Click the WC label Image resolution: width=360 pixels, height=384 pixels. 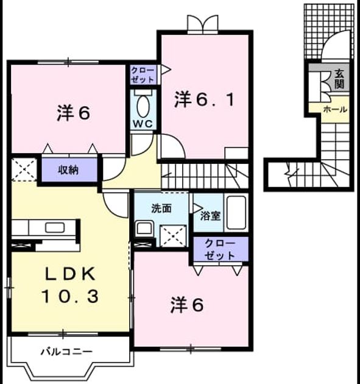pyautogui.click(x=143, y=124)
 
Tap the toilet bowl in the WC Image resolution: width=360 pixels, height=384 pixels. pyautogui.click(x=143, y=106)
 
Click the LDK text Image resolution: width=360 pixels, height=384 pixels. pyautogui.click(x=71, y=274)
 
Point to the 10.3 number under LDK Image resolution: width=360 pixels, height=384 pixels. pyautogui.click(x=71, y=296)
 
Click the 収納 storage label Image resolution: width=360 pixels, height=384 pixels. pyautogui.click(x=68, y=170)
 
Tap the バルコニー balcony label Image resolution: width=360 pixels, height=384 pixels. pyautogui.click(x=66, y=352)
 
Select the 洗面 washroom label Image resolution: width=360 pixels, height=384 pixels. pyautogui.click(x=161, y=208)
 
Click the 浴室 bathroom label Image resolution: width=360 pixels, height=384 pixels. pyautogui.click(x=211, y=216)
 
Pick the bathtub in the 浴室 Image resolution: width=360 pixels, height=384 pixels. pyautogui.click(x=236, y=212)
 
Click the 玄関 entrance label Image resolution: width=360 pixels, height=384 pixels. pyautogui.click(x=339, y=79)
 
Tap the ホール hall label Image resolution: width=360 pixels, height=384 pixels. pyautogui.click(x=335, y=109)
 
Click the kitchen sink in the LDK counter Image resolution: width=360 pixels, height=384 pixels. pyautogui.click(x=55, y=228)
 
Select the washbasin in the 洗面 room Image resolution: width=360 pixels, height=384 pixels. pyautogui.click(x=145, y=229)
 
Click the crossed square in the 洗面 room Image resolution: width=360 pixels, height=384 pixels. pyautogui.click(x=173, y=236)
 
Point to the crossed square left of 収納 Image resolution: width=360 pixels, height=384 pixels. pyautogui.click(x=24, y=170)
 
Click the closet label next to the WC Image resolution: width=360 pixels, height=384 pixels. pyautogui.click(x=143, y=75)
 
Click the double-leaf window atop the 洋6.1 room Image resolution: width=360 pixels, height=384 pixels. pyautogui.click(x=203, y=24)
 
